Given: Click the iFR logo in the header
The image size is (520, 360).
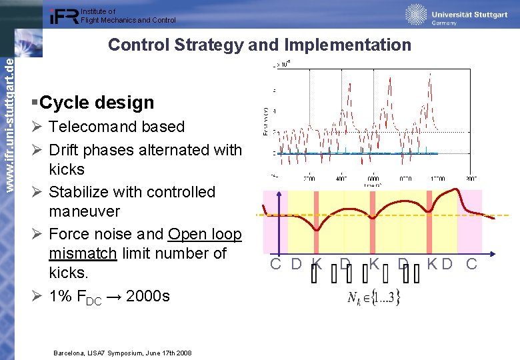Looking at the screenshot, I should (x=64, y=16).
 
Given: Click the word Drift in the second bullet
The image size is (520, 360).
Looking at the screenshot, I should (x=67, y=150).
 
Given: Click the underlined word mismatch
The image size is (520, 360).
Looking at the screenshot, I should (x=83, y=253).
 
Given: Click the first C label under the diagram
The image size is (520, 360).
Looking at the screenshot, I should (x=275, y=264).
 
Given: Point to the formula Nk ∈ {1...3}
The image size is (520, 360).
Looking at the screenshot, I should (x=374, y=296).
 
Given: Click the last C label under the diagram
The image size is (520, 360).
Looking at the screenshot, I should (x=471, y=264).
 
